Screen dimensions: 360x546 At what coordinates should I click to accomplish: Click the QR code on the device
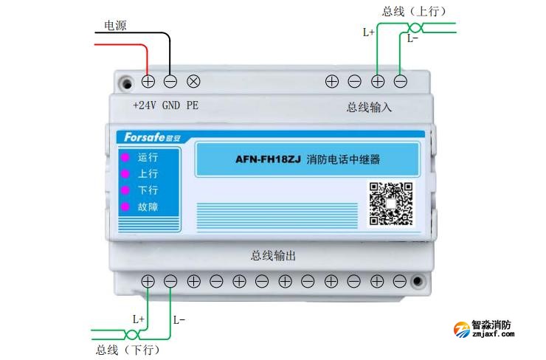coord(391,203)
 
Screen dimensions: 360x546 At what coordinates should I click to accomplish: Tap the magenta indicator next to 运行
coord(125,157)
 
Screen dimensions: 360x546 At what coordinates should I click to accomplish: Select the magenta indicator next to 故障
coord(125,207)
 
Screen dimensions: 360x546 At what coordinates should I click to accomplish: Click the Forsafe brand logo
coord(146,137)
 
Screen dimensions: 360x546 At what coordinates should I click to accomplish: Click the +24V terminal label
coord(145,105)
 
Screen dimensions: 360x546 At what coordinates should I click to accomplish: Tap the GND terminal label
coord(170,105)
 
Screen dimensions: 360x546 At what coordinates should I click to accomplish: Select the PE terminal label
coord(192,105)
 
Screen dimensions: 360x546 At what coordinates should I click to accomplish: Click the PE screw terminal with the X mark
coord(194,81)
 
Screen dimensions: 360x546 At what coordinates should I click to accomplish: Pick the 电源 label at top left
coord(114,26)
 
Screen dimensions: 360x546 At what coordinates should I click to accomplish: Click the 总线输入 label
coord(369,107)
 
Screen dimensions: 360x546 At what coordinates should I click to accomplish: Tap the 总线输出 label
coord(273,256)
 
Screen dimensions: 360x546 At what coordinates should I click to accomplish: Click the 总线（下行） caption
coord(128,349)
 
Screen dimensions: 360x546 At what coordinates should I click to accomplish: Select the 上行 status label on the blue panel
coord(148,174)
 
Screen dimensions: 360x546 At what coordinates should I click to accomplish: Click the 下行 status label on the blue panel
coord(148,190)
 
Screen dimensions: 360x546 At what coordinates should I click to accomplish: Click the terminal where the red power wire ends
coord(148,81)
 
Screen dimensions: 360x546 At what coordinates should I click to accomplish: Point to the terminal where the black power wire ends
coord(170,81)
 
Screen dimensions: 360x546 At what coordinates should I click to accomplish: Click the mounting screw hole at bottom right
coord(418,281)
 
